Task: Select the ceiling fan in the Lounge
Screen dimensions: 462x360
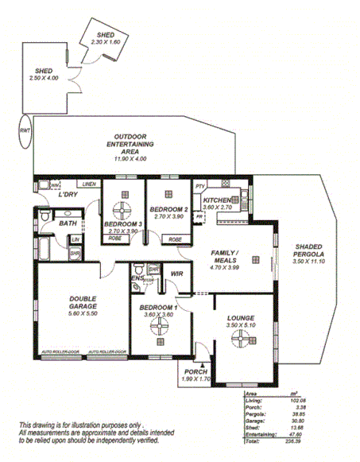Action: [238, 340]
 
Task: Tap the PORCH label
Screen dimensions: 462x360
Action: [195, 373]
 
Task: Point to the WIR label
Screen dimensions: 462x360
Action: [176, 274]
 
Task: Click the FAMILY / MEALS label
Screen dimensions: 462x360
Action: [226, 255]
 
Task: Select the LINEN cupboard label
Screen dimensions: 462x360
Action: [88, 184]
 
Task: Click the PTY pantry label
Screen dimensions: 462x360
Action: [200, 184]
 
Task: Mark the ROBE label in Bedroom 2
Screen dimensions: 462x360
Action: [175, 239]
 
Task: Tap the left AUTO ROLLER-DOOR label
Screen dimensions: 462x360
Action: [60, 351]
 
